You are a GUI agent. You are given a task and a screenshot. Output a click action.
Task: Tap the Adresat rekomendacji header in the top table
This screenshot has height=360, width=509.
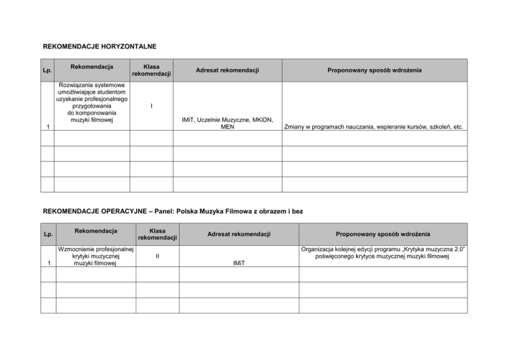pos(227,70)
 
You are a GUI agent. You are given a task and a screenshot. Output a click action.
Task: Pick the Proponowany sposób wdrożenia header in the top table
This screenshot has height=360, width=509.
pos(374,70)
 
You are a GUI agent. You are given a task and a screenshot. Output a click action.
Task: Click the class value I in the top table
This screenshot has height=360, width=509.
pos(151,105)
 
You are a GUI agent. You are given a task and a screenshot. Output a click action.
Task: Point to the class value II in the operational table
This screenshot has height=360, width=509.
pos(157,254)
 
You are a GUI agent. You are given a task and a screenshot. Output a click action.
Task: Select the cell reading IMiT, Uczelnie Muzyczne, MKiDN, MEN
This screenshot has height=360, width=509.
pos(227,123)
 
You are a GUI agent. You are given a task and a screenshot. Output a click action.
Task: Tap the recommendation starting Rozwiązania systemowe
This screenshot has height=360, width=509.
pos(91,103)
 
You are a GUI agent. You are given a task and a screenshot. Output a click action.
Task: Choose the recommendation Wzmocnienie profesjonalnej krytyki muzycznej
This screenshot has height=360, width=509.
pos(95,254)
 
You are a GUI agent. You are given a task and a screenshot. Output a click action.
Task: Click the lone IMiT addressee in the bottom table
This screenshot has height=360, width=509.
pos(239,263)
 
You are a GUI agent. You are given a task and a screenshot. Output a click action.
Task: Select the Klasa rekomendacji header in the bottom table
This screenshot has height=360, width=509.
pos(157,233)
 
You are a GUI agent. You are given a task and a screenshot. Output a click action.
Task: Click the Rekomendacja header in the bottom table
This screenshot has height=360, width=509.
pos(95,230)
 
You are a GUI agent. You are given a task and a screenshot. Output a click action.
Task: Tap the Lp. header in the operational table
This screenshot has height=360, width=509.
pos(48,234)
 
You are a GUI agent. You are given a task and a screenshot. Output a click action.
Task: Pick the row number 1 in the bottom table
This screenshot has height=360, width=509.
pos(48,263)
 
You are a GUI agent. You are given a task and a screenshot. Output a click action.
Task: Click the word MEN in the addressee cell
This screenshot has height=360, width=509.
pos(227,127)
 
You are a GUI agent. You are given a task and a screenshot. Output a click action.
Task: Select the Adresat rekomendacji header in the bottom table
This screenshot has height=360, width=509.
pos(239,233)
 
